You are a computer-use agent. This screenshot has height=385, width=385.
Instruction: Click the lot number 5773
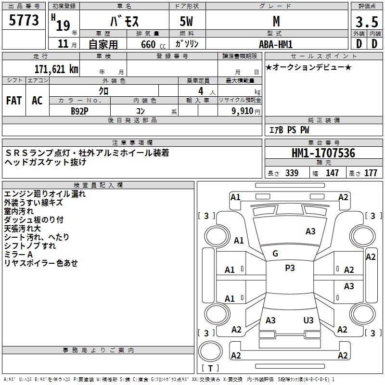pyautogui.click(x=24, y=20)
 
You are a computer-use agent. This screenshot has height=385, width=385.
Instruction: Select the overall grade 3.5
pyautogui.click(x=367, y=22)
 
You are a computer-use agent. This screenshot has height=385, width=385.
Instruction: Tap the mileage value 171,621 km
pyautogui.click(x=56, y=69)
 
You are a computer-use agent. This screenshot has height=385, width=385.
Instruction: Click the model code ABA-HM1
pyautogui.click(x=276, y=44)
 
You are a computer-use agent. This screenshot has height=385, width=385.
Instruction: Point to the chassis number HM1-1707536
pyautogui.click(x=323, y=153)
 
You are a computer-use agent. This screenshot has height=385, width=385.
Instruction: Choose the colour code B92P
pyautogui.click(x=79, y=111)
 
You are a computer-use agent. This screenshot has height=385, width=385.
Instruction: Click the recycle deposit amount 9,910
pyautogui.click(x=243, y=111)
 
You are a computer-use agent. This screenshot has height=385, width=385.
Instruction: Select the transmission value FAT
pyautogui.click(x=14, y=101)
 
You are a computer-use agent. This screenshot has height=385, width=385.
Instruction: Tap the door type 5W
pyautogui.click(x=186, y=21)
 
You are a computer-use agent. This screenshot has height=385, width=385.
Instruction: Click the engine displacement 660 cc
pyautogui.click(x=153, y=44)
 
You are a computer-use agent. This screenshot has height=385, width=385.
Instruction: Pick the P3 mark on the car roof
pyautogui.click(x=290, y=268)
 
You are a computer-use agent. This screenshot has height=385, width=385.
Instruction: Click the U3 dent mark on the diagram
pyautogui.click(x=308, y=320)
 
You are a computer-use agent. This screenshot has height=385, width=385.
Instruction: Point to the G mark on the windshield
pyautogui.click(x=275, y=254)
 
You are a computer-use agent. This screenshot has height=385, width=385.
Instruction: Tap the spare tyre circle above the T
pyautogui.click(x=210, y=351)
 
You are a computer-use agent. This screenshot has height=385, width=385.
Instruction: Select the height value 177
pyautogui.click(x=371, y=173)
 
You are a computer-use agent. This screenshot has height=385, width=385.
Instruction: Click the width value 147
pyautogui.click(x=332, y=173)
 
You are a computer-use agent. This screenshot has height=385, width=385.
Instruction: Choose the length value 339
pyautogui.click(x=292, y=173)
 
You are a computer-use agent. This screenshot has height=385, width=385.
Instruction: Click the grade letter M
pyautogui.click(x=276, y=21)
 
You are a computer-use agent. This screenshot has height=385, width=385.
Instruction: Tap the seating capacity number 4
pyautogui.click(x=201, y=91)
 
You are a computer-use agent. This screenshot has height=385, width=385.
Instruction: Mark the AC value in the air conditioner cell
pyautogui.click(x=37, y=101)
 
